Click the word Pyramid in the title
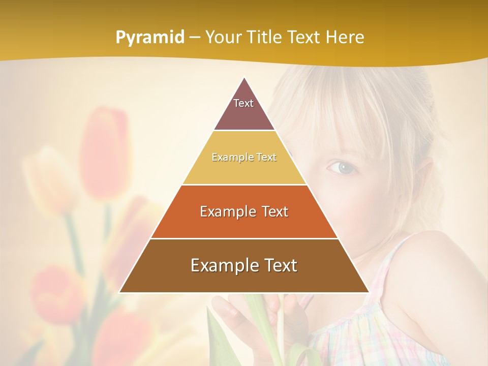(x=149, y=38)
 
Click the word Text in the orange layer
(x=273, y=211)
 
